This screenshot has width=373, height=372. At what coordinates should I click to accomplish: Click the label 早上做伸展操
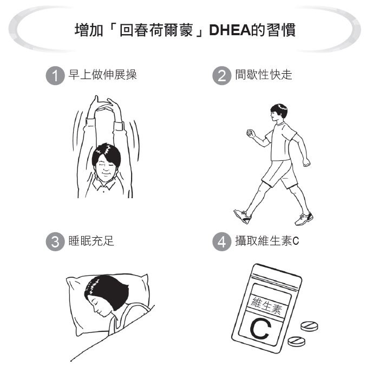coord(102,75)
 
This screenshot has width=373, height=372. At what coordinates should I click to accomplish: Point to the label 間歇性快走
coord(264,75)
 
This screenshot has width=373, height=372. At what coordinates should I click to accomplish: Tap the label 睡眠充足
coord(90,241)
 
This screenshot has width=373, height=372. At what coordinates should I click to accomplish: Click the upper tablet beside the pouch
coord(310,326)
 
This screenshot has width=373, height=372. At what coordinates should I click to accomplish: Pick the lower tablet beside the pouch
coord(296,341)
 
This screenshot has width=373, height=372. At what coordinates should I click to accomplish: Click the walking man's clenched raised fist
coord(250,133)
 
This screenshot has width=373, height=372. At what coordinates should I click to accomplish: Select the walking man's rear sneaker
coord(243,216)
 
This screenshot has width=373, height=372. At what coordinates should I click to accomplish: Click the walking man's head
coord(279,113)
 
